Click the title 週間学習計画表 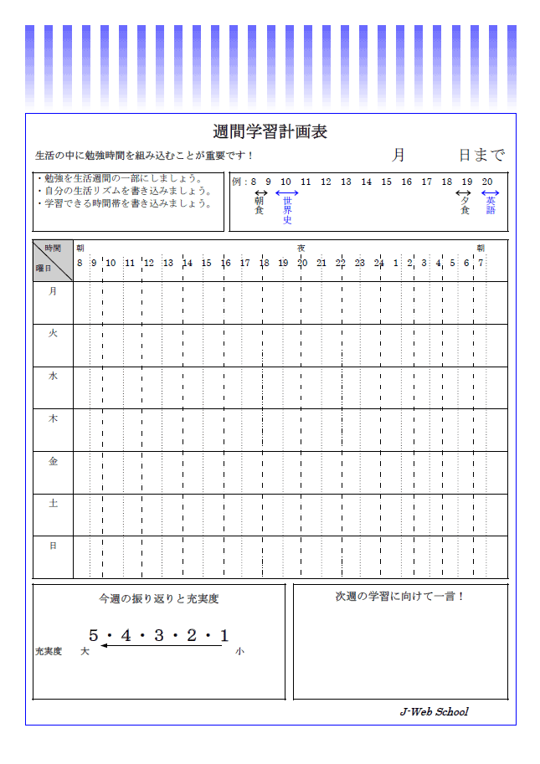270,132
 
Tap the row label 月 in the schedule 53,291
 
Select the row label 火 53,333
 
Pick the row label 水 53,376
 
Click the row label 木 53,418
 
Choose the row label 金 53,461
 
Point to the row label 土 53,503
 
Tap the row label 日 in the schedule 53,546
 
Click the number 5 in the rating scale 93,636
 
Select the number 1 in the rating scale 224,636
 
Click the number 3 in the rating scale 158,636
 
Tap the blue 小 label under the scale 239,651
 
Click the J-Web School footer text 434,712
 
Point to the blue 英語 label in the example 491,205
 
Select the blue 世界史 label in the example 287,210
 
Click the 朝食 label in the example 260,205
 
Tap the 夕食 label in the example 465,205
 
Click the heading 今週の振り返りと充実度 158,599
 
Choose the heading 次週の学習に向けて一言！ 400,596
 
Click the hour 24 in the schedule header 378,263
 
